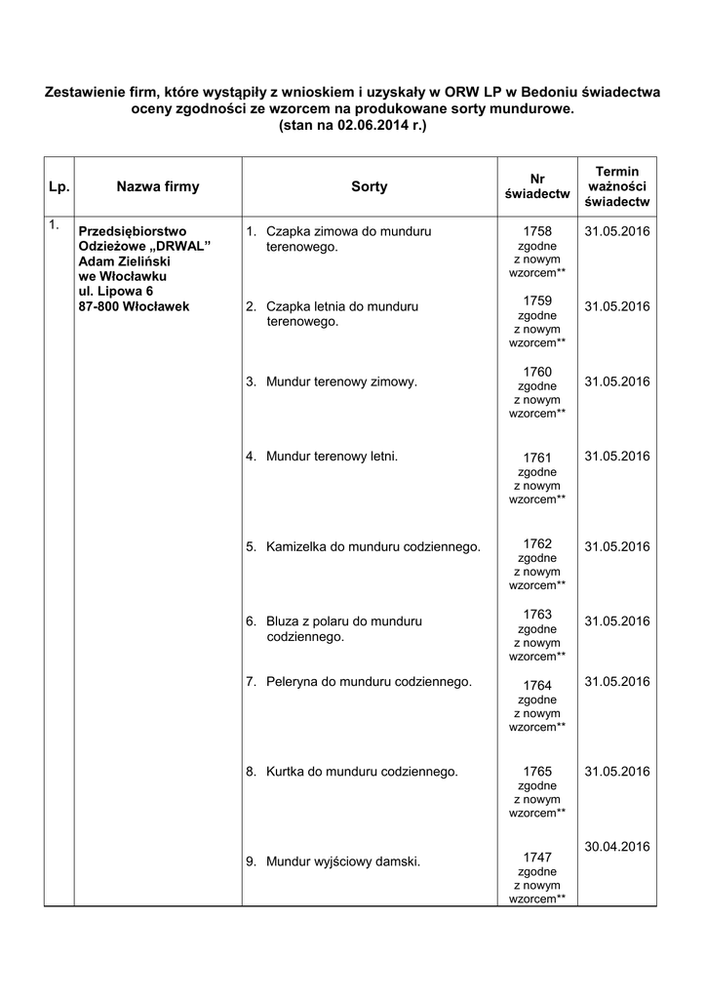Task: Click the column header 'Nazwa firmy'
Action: pyautogui.click(x=157, y=186)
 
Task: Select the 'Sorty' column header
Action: pyautogui.click(x=369, y=186)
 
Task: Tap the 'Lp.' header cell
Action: pyautogui.click(x=59, y=186)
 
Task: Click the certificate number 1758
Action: pyautogui.click(x=537, y=231)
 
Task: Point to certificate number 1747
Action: pyautogui.click(x=537, y=857)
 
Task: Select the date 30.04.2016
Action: pyautogui.click(x=616, y=846)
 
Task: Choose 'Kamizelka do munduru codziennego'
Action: pyautogui.click(x=373, y=546)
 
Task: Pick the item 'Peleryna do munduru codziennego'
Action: pyautogui.click(x=369, y=681)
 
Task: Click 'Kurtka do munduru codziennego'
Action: pyautogui.click(x=362, y=771)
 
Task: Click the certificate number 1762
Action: pyautogui.click(x=537, y=543)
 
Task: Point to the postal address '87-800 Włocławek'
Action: pyautogui.click(x=134, y=306)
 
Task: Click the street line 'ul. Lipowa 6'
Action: pyautogui.click(x=115, y=291)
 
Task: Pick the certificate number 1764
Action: pyautogui.click(x=537, y=685)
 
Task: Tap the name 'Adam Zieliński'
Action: pyautogui.click(x=124, y=261)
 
